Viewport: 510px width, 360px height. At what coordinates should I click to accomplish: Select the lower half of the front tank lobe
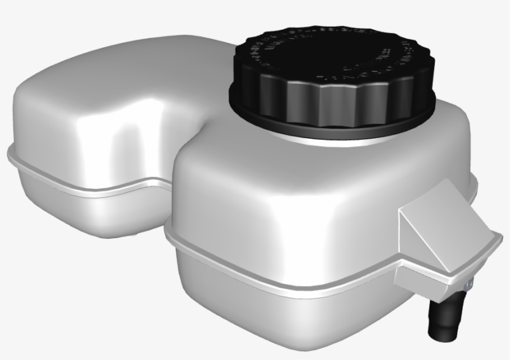(280, 311)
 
